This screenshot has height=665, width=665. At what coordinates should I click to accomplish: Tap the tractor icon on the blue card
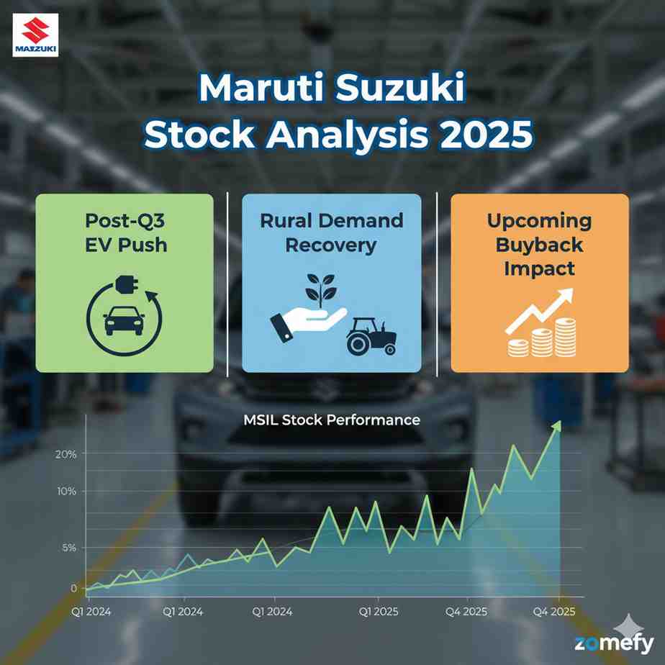(371, 335)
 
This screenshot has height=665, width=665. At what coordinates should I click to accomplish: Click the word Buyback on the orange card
(539, 244)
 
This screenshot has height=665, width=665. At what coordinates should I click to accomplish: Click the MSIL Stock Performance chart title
(331, 419)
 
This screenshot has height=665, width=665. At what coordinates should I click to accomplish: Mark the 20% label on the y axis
(65, 453)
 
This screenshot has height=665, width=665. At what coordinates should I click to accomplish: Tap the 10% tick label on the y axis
(66, 492)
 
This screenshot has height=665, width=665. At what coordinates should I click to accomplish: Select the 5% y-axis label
(69, 548)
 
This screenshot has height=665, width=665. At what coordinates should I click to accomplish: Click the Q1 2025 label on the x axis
(379, 612)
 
